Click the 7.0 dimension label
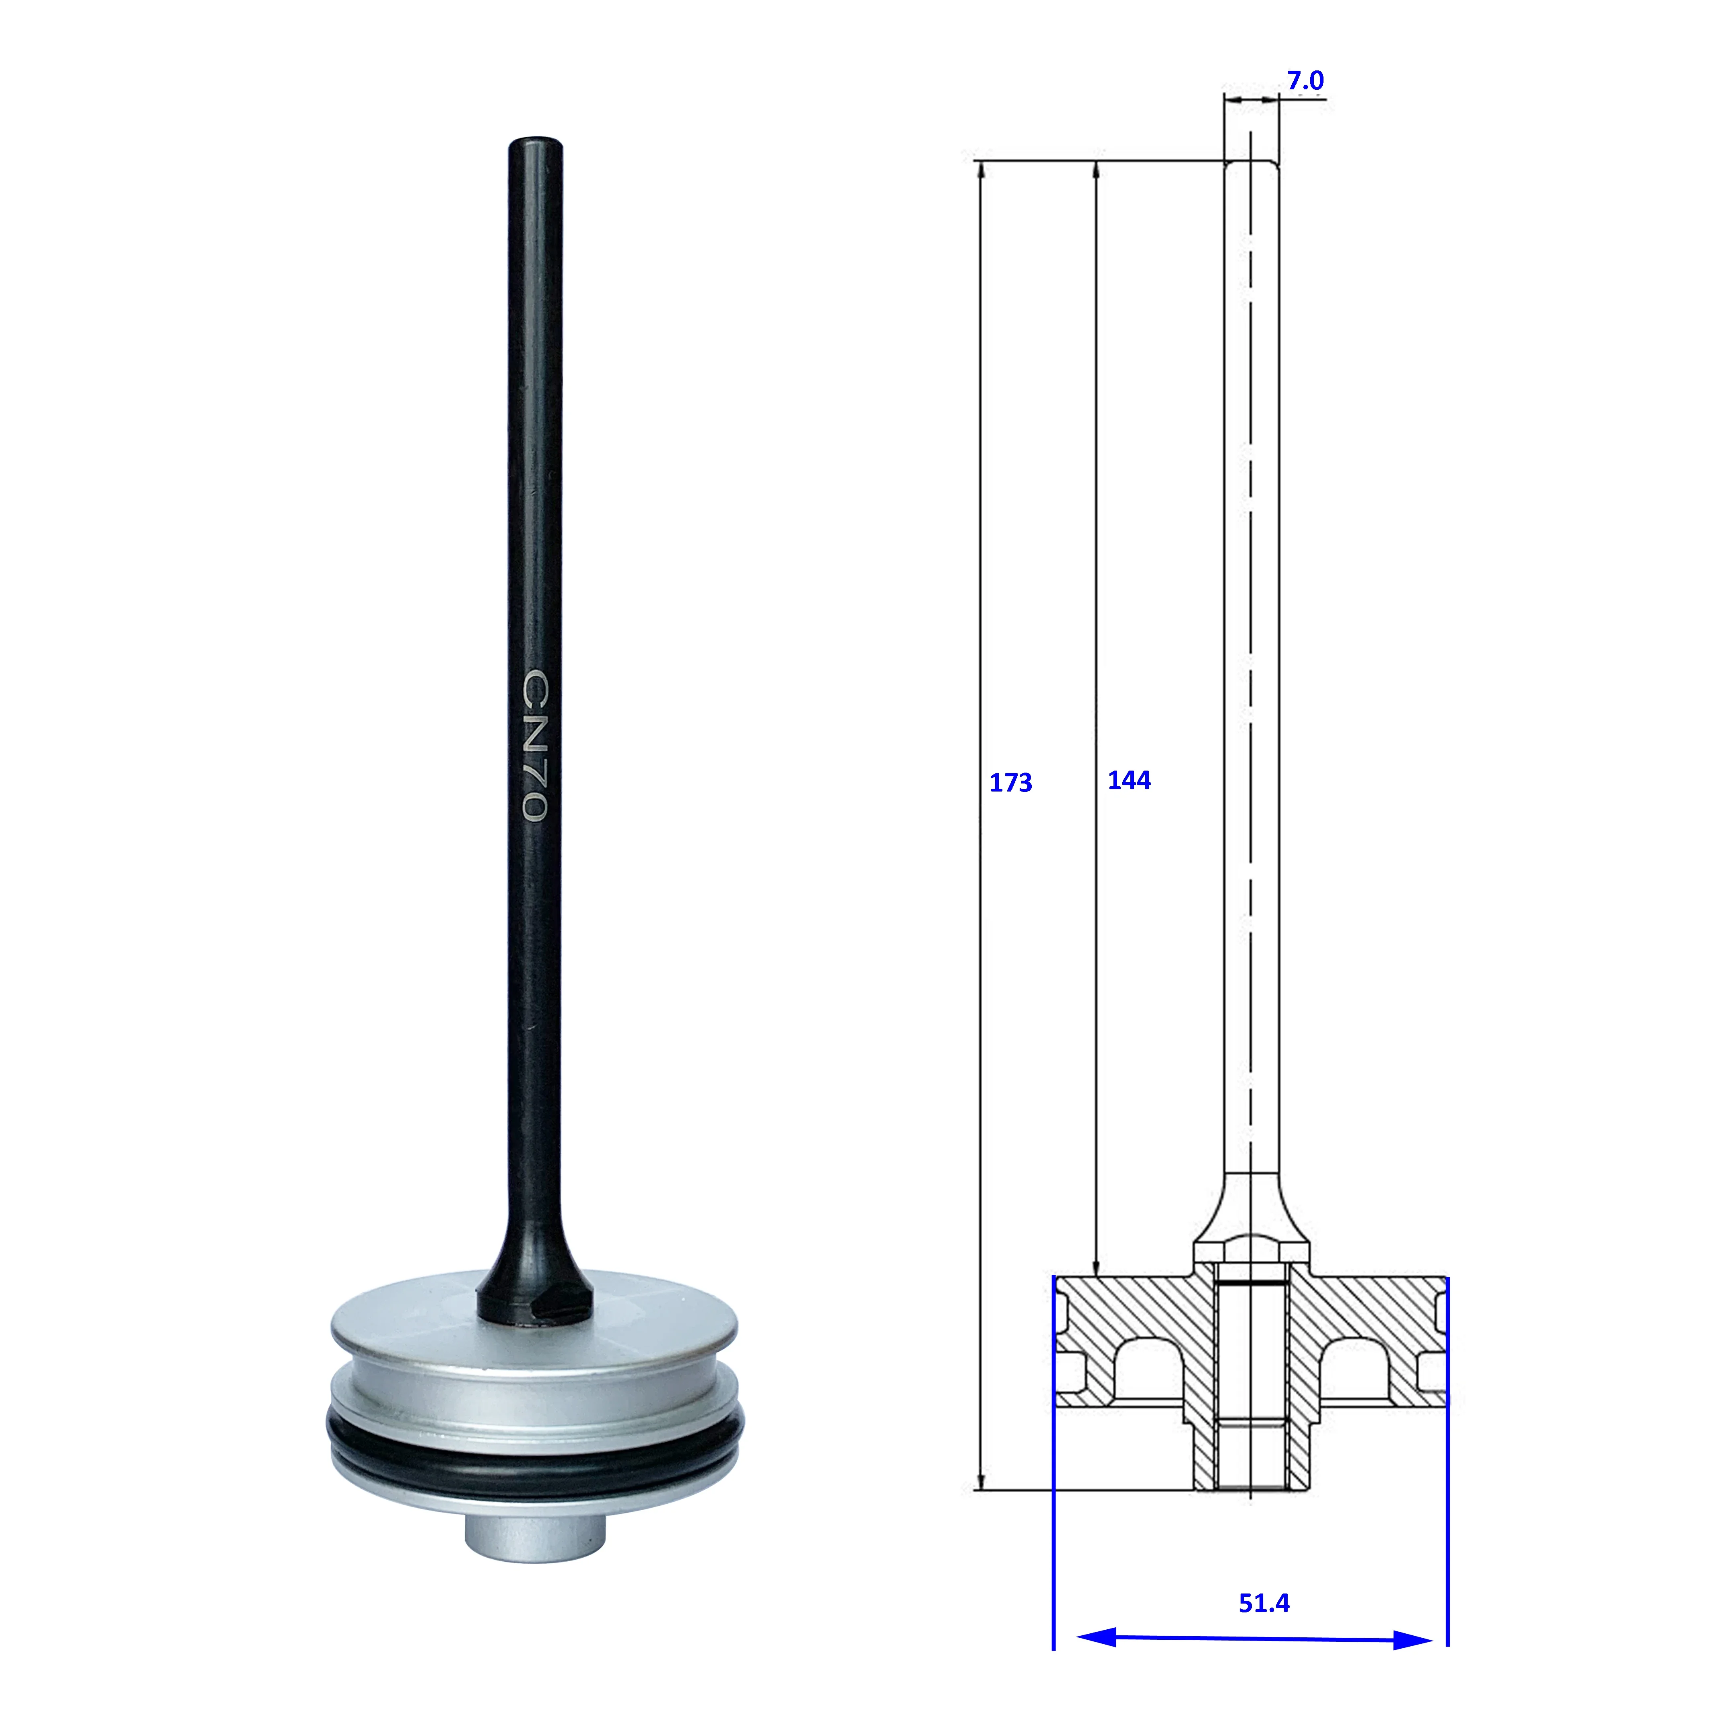[1305, 80]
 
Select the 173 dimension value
[1010, 783]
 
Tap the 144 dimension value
[1129, 780]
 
